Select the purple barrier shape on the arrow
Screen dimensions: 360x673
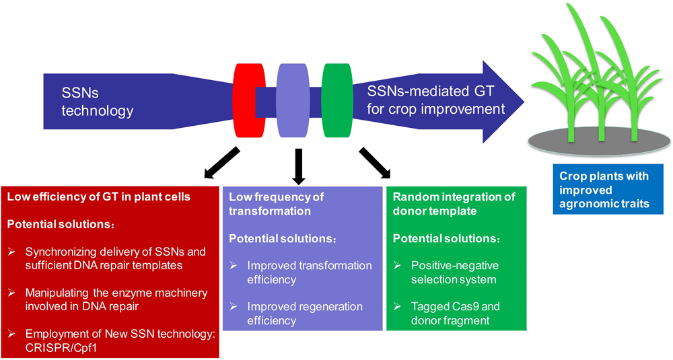coord(291,100)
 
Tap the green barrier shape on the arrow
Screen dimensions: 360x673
coord(336,100)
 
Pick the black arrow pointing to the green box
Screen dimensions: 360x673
coord(374,164)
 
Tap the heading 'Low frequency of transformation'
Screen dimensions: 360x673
coord(276,204)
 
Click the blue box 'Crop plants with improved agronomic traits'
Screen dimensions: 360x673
coord(604,189)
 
